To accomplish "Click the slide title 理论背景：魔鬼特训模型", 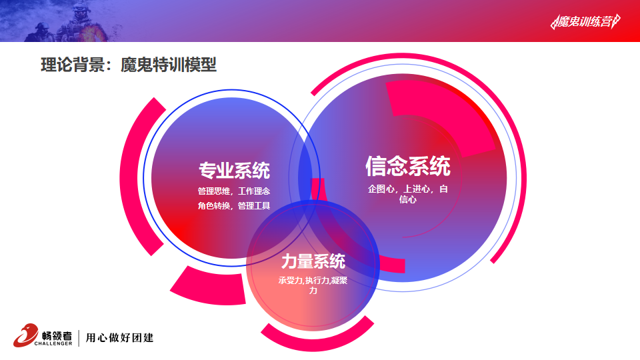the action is click(129, 65).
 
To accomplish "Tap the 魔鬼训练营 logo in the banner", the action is click(585, 21).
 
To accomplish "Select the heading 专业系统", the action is click(234, 170).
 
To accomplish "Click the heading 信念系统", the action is click(408, 166).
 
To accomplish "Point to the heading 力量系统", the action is click(313, 261).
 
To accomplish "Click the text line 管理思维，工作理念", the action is click(234, 191).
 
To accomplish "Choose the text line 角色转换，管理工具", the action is click(234, 206).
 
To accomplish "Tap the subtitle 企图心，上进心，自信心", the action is click(408, 194).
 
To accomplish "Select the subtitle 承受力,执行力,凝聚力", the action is click(313, 285).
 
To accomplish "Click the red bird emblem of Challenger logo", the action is click(25, 335).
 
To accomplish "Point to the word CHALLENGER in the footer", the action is click(53, 344).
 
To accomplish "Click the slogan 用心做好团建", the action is click(119, 337).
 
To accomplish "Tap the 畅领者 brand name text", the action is click(57, 335).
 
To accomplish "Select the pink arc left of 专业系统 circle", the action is click(135, 176).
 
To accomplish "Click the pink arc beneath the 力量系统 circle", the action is click(317, 336).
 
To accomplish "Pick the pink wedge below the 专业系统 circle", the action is click(208, 287).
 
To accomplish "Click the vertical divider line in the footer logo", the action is click(79, 337).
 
